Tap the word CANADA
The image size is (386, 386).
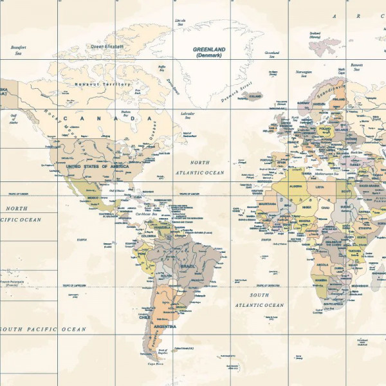(x=108, y=119)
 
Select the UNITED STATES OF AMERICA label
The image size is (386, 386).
(x=97, y=166)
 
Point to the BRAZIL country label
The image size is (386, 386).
(x=188, y=266)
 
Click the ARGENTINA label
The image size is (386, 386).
(x=165, y=327)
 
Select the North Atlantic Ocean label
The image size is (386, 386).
(x=199, y=168)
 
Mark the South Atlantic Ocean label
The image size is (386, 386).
(x=259, y=300)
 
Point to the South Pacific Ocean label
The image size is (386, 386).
(x=42, y=329)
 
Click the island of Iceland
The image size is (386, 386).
(x=255, y=96)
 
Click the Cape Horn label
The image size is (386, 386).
(x=155, y=363)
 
